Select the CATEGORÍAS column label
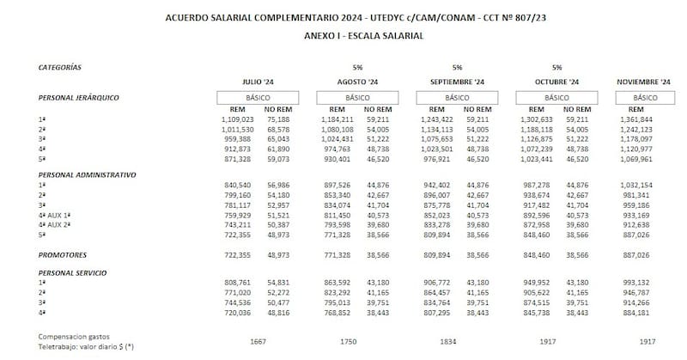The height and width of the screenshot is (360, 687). coord(59,66)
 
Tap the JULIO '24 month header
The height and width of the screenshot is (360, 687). coord(257,82)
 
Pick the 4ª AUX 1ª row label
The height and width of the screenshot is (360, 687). coord(53,216)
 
